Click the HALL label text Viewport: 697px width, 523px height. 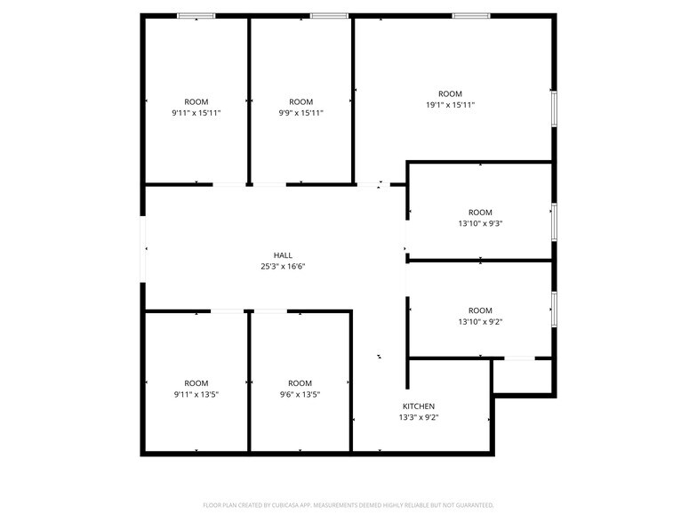(283, 254)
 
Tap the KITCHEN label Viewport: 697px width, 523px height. (418, 406)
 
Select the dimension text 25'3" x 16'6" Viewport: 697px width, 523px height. (283, 266)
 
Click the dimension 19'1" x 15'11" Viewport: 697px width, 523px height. (450, 105)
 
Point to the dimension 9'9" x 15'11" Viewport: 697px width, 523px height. (300, 113)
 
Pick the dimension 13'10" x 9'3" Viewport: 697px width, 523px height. (480, 223)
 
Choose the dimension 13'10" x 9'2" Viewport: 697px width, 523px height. (480, 322)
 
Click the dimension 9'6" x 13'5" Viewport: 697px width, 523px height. (300, 394)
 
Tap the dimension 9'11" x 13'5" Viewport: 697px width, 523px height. (196, 394)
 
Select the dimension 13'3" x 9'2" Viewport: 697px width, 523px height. (418, 416)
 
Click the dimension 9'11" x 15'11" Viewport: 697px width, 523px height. (196, 113)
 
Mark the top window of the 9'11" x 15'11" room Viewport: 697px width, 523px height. (196, 15)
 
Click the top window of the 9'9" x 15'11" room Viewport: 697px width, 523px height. (329, 15)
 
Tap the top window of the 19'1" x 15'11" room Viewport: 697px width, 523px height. (471, 15)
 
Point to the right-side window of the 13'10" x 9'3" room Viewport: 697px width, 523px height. (554, 221)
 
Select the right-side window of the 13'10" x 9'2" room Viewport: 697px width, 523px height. (554, 308)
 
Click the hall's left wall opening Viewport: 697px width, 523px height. (143, 250)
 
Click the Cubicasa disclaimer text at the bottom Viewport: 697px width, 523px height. (348, 505)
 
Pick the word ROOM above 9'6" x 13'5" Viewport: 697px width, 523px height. (300, 383)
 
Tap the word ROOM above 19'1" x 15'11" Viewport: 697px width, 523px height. (450, 93)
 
